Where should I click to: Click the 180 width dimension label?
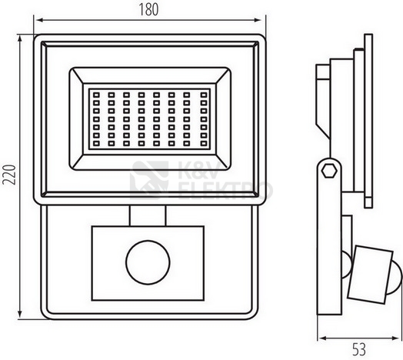[148, 9]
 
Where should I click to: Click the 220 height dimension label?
[9, 175]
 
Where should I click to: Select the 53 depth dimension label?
[359, 349]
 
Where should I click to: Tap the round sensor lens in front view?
[148, 262]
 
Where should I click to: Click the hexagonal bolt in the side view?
[329, 171]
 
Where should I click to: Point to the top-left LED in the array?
[96, 95]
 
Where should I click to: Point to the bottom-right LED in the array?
[204, 143]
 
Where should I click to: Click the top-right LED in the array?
[204, 95]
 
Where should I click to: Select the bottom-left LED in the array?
[96, 143]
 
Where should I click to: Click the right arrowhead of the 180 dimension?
[258, 20]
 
